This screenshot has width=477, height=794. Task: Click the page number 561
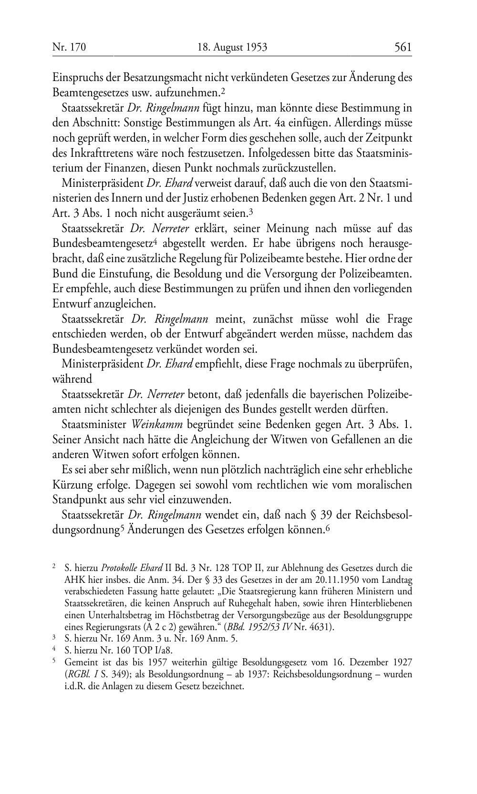pos(403,47)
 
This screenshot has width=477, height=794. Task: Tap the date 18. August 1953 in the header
pos(232,47)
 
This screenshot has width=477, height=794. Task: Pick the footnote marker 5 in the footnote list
pos(54,662)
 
